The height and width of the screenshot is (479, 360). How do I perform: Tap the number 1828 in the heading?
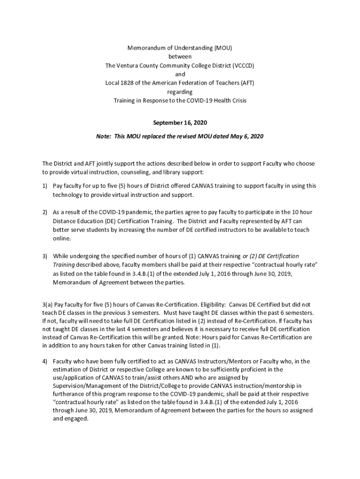[x=128, y=83]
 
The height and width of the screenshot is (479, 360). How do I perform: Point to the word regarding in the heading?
[x=180, y=92]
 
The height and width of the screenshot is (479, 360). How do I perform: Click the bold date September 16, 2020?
[x=180, y=123]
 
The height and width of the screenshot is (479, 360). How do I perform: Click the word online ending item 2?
[x=61, y=239]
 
